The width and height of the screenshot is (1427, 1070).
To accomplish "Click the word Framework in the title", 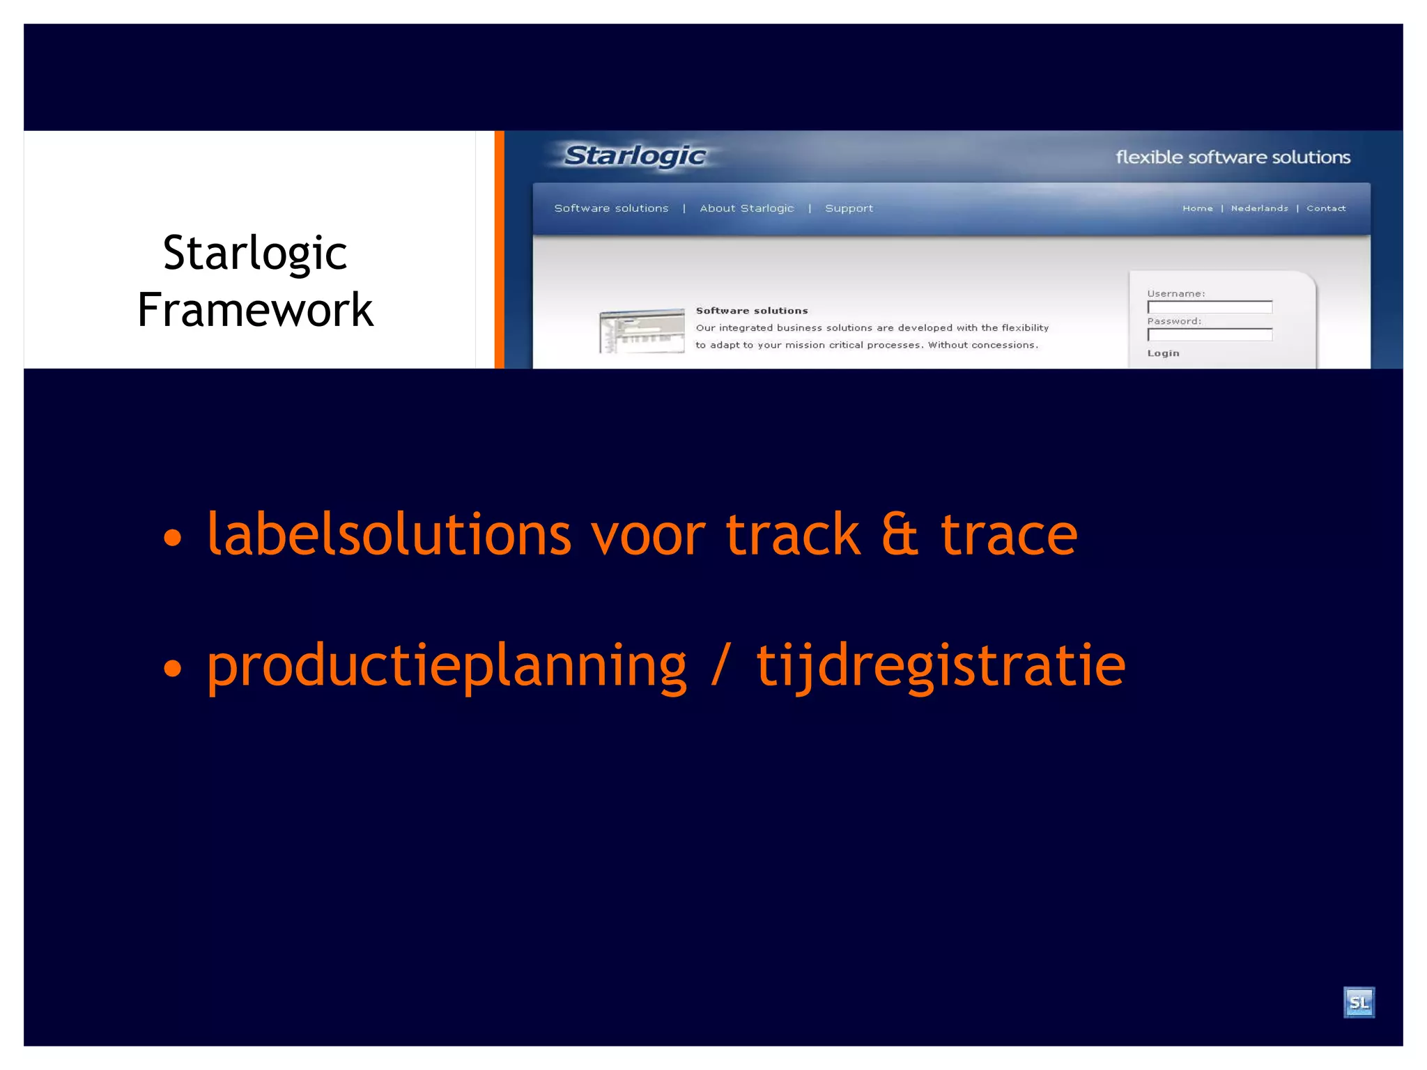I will point(255,309).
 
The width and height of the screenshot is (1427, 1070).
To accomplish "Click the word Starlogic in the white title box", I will point(255,252).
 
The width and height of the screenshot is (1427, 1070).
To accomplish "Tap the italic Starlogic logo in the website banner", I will point(635,156).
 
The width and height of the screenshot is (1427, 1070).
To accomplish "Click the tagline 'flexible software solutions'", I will point(1233,157).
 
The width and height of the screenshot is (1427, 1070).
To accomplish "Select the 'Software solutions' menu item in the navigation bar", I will point(611,208).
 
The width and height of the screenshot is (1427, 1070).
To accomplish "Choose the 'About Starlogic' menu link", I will point(746,208).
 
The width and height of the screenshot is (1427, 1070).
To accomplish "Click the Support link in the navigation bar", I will point(849,208).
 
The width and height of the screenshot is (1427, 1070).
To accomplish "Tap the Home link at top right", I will point(1197,208).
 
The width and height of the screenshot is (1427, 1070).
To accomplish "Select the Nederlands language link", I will point(1259,208).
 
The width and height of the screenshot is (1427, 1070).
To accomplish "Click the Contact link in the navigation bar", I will point(1326,208).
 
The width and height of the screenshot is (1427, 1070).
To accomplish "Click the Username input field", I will point(1210,307).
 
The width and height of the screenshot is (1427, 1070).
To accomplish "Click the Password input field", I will point(1210,335).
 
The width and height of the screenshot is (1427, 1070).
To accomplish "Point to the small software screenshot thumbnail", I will point(642,331).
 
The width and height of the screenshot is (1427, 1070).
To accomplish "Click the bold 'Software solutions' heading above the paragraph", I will point(752,311).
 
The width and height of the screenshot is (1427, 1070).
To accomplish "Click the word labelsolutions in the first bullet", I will point(389,535).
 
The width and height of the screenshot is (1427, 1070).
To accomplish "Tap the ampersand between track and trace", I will point(900,535).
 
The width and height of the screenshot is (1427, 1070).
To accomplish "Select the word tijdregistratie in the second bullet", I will point(941,666).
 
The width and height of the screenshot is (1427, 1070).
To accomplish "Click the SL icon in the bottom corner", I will point(1358,1002).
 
